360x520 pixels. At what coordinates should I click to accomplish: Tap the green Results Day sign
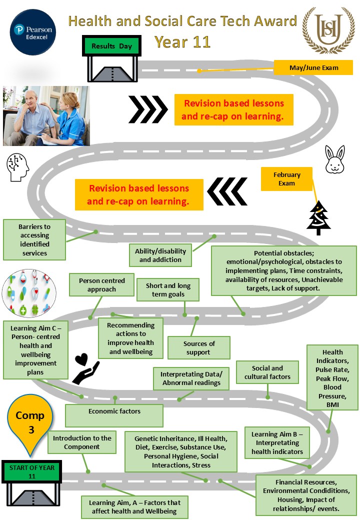click(x=112, y=46)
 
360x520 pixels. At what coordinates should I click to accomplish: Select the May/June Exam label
click(x=313, y=67)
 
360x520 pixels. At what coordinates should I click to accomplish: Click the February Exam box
click(x=286, y=179)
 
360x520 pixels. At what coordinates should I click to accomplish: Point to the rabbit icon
click(x=333, y=159)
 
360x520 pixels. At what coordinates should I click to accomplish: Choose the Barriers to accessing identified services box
click(x=34, y=239)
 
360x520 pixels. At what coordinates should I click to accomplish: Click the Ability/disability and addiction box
click(x=160, y=255)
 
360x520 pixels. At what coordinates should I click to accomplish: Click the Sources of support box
click(x=199, y=348)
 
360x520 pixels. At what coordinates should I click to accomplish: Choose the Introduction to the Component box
click(x=81, y=442)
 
